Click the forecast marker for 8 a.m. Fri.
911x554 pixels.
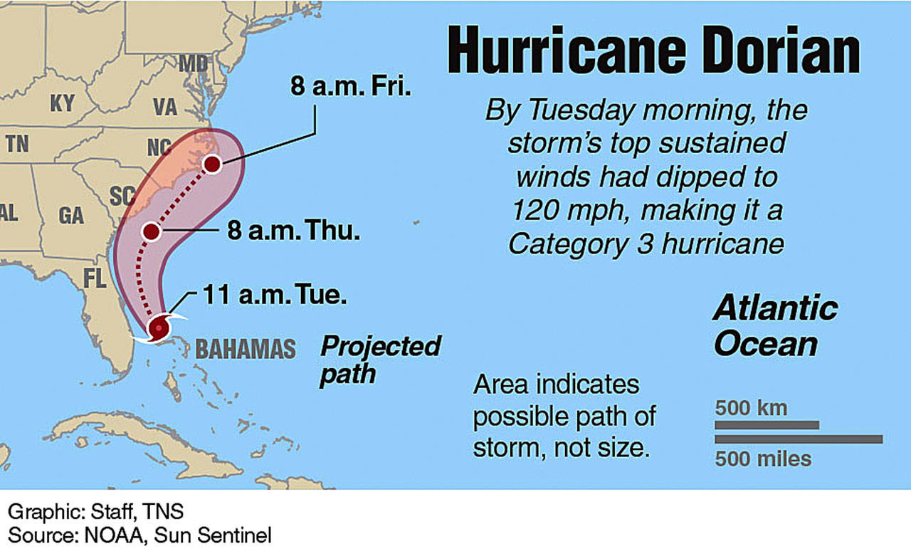point(212,164)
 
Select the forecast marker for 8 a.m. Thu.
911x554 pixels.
point(151,231)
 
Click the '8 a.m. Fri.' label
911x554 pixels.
point(352,88)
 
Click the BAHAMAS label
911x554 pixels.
point(245,349)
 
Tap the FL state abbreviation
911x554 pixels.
point(94,278)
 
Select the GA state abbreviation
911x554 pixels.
point(71,215)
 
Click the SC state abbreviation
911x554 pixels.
point(121,194)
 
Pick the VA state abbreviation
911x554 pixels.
point(164,108)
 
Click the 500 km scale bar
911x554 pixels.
point(767,425)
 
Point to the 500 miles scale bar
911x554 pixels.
point(798,439)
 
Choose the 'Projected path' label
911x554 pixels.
point(379,360)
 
